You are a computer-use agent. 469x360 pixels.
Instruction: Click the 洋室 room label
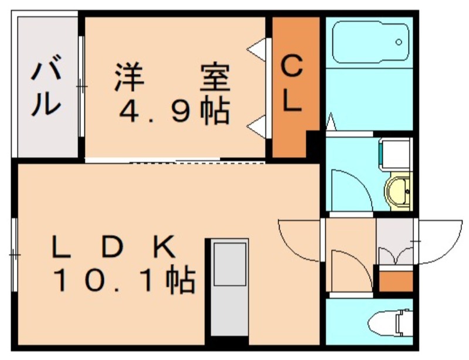click(x=172, y=77)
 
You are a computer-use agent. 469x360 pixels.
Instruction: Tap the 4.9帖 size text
click(x=175, y=111)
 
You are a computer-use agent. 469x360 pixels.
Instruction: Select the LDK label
click(x=113, y=247)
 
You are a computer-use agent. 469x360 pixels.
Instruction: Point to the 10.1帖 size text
click(x=124, y=279)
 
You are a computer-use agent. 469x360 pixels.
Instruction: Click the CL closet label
click(x=291, y=84)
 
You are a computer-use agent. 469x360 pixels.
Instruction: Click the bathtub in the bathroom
click(x=371, y=42)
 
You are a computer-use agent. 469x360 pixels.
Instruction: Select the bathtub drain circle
click(x=399, y=42)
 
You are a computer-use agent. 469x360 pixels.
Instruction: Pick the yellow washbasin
click(x=398, y=192)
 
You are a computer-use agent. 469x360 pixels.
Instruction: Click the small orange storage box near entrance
click(x=396, y=281)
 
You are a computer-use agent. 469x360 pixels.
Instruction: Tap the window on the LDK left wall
click(x=13, y=255)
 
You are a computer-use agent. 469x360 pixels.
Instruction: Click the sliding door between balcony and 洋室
click(x=81, y=87)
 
